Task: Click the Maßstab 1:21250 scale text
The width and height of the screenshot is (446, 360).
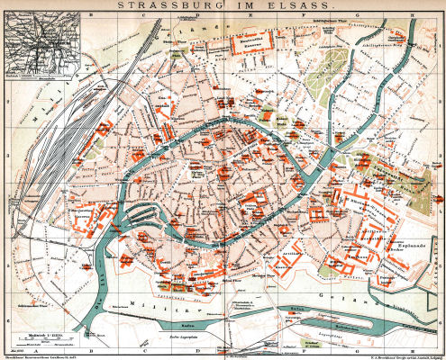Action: point(34,334)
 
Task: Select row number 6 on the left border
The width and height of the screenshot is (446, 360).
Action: point(5,310)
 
